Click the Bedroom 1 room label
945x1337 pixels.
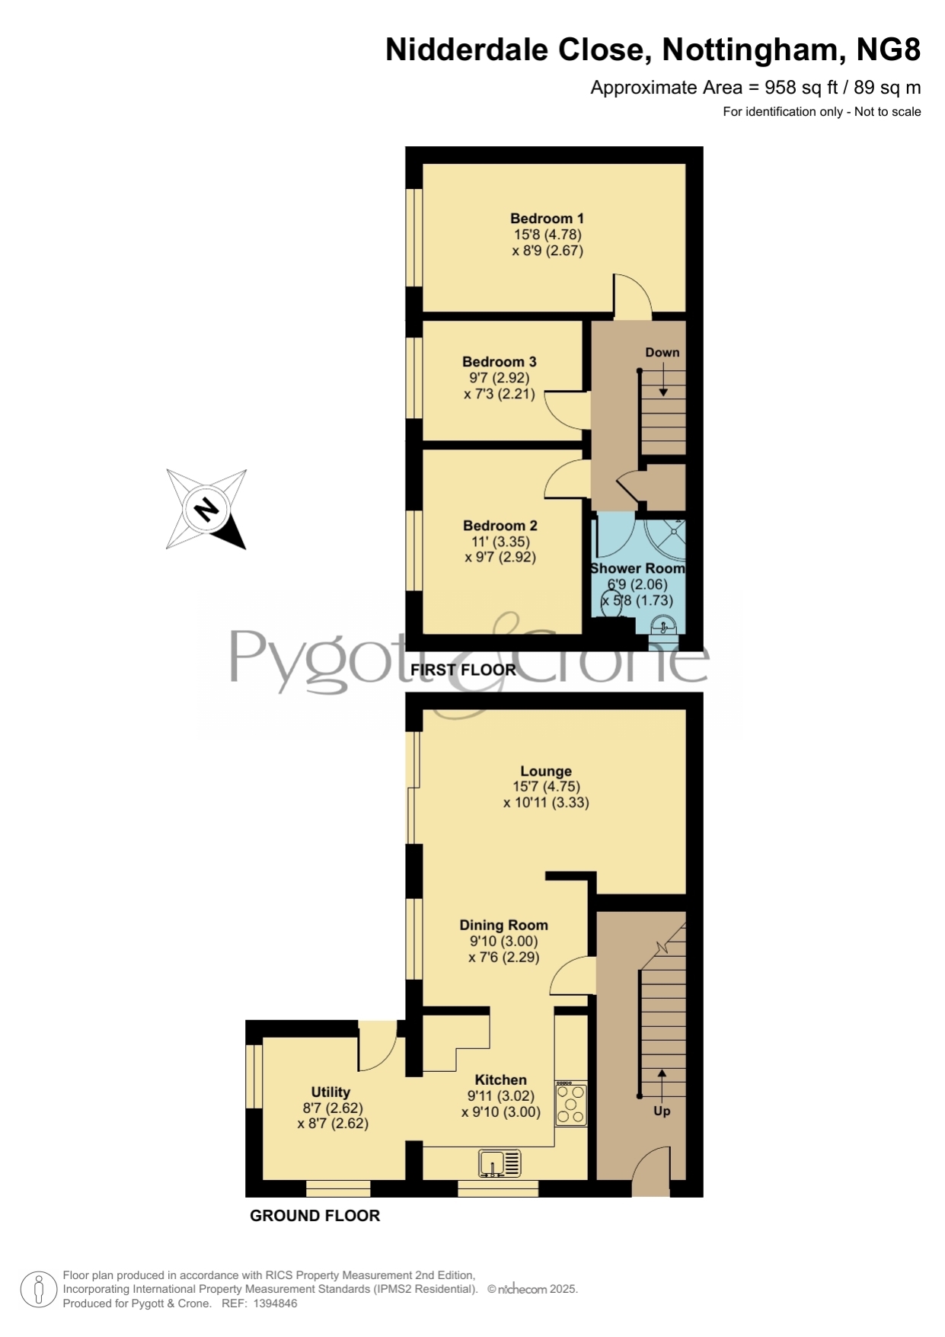coord(547,219)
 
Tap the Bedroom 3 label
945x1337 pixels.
coord(499,362)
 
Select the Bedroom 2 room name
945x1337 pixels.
coord(500,526)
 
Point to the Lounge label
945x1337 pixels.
coord(546,772)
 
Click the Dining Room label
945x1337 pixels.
coord(503,926)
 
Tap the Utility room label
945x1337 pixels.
coord(330,1092)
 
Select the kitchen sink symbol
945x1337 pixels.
coord(500,1164)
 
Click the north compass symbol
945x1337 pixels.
coord(206,509)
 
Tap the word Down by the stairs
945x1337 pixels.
coord(662,353)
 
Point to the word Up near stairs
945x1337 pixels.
coord(662,1112)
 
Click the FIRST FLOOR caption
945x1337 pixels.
coord(463,670)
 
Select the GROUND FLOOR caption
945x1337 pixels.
coord(314,1216)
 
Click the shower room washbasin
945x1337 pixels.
coord(664,625)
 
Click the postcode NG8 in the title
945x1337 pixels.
coord(889,50)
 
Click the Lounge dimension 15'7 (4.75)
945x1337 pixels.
coord(546,787)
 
